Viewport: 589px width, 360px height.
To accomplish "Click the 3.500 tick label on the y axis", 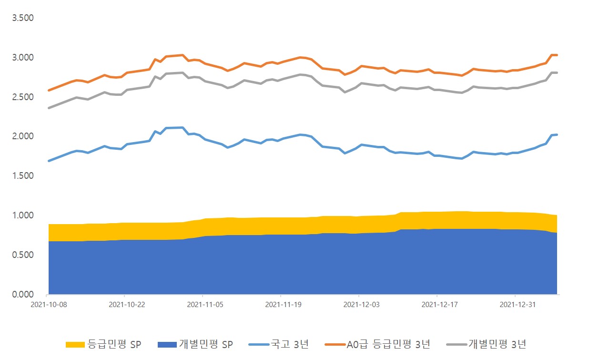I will (x=23, y=18).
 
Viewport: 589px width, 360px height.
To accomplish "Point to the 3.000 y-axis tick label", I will (x=23, y=58).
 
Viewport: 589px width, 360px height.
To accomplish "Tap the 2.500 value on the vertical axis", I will (x=23, y=97).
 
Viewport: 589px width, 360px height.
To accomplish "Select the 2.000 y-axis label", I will (x=23, y=136).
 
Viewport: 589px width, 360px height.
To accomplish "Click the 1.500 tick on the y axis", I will (x=23, y=176).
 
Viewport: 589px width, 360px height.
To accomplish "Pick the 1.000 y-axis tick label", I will (x=23, y=216).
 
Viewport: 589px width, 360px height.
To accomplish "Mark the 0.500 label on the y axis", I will (x=23, y=255).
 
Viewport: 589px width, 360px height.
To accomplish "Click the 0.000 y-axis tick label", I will (x=23, y=295).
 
